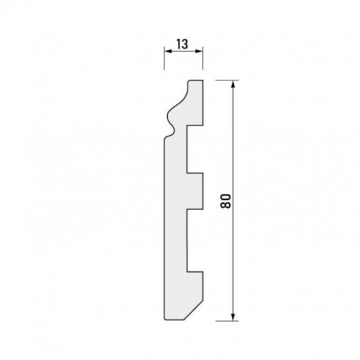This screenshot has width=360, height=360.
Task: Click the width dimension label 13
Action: coord(182,44)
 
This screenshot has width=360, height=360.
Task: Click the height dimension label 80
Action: coord(225,201)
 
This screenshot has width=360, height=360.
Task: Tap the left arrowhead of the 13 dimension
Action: coord(168,51)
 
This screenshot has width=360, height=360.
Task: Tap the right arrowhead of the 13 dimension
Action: coord(199,51)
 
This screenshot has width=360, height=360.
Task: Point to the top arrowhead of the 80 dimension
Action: coord(233,85)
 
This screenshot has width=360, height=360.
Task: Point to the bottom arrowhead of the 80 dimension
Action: coord(233,317)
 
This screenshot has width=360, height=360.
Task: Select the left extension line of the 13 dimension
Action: coord(164,59)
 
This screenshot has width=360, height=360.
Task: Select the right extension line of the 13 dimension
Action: coord(202,59)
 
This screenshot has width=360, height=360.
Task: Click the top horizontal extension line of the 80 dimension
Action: coord(227,80)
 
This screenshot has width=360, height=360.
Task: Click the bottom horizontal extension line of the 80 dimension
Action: coord(227,321)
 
